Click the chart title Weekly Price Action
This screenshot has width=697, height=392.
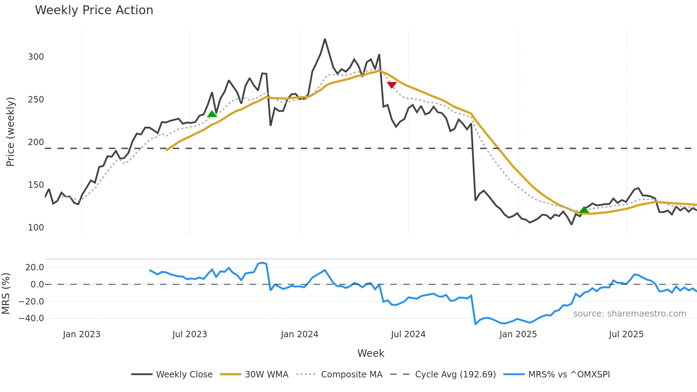click(94, 10)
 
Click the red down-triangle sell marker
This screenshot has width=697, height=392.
click(392, 85)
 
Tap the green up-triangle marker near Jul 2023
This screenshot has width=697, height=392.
click(212, 114)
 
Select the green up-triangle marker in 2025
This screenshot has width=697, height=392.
click(584, 210)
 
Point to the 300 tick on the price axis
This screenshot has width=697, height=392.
click(36, 57)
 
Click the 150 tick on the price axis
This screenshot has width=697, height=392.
click(36, 185)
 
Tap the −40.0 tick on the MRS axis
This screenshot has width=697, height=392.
click(31, 318)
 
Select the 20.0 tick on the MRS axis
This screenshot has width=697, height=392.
click(34, 267)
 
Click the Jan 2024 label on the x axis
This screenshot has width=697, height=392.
click(299, 334)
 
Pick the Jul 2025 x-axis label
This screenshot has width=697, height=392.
click(626, 334)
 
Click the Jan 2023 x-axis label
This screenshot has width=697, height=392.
click(81, 334)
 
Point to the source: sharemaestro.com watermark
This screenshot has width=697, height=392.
click(629, 314)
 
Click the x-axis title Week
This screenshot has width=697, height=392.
click(371, 353)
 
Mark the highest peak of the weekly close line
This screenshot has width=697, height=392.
click(325, 39)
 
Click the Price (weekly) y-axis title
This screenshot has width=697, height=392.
click(10, 132)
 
